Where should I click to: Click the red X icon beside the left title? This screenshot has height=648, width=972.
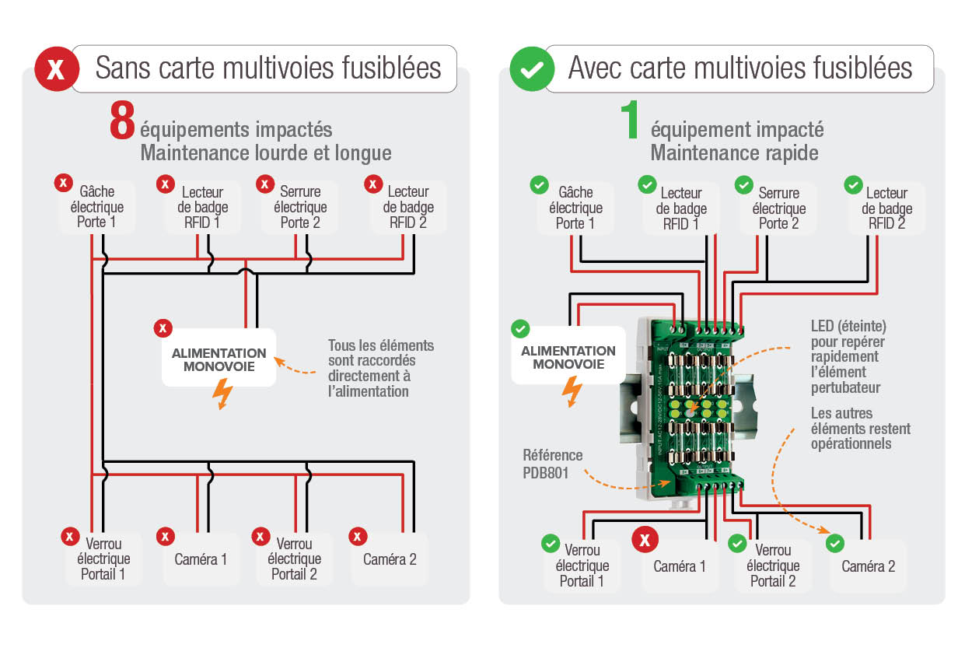[56, 68]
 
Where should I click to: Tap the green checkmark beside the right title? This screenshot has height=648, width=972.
[531, 68]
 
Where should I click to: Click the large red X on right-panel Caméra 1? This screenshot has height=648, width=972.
[645, 538]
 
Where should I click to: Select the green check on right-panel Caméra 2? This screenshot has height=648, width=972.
[835, 543]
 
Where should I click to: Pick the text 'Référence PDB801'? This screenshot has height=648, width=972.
[552, 464]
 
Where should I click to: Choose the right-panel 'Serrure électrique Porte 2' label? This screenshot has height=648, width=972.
[778, 208]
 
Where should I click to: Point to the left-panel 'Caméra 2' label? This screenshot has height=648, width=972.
[390, 559]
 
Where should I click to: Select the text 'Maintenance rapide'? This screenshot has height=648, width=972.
[734, 152]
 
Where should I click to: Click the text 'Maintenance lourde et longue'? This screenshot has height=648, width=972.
[265, 152]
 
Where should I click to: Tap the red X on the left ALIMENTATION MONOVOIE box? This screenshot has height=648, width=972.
[163, 328]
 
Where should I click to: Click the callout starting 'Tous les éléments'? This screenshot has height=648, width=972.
[380, 368]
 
